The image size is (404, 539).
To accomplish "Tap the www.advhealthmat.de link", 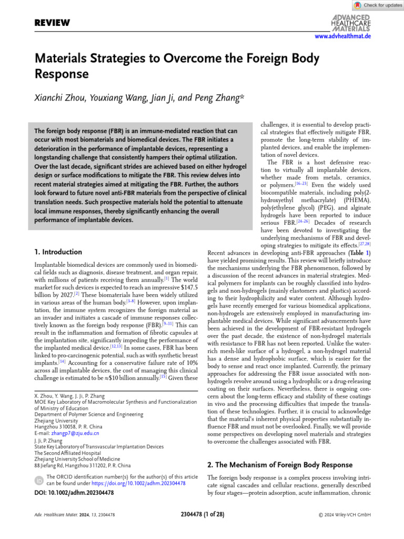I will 342,36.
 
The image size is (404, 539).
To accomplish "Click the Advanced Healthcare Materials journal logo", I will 350,23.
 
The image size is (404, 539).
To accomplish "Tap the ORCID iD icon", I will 39,481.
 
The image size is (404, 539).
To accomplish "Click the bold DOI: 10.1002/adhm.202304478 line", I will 74,493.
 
